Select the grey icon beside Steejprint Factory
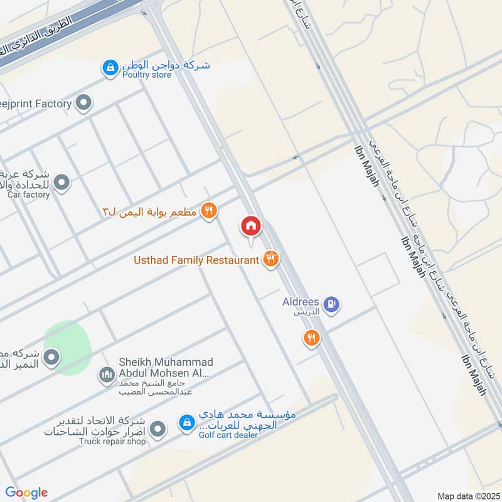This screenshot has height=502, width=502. tap(83, 104)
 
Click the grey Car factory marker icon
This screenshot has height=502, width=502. tap(61, 183)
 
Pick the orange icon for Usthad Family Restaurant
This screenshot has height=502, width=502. tap(270, 259)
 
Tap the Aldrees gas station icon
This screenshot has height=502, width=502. tap(333, 305)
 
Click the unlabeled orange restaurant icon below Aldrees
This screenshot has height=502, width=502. tap(311, 339)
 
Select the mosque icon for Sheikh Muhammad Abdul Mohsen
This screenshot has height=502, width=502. tap(107, 375)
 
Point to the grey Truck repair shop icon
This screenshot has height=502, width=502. tap(159, 430)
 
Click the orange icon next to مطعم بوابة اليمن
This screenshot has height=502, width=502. tap(209, 211)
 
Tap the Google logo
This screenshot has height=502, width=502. tap(26, 493)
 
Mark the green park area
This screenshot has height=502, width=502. tap(67, 347)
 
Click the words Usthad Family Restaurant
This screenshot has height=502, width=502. tap(196, 260)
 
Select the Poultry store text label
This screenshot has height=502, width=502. tap(147, 75)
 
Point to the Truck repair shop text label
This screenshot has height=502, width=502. tap(112, 442)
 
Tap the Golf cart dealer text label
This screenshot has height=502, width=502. tap(228, 435)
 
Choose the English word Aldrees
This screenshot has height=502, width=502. tap(299, 302)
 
